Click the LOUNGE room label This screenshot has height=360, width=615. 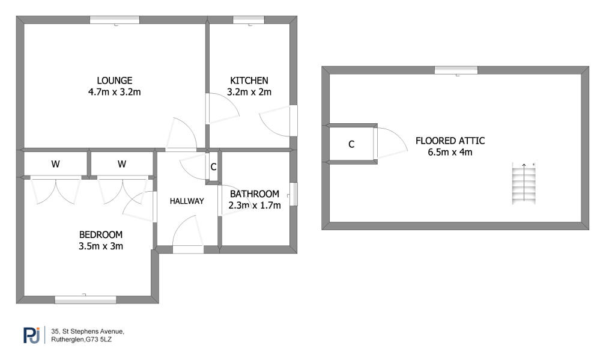tap(115, 81)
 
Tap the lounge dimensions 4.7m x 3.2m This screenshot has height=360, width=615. tap(115, 92)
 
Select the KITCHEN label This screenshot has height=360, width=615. tap(249, 81)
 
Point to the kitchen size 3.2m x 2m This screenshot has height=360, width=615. tap(249, 92)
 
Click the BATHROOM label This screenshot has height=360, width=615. tap(255, 194)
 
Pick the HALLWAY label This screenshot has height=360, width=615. tap(187, 201)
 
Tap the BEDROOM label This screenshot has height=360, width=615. tap(101, 235)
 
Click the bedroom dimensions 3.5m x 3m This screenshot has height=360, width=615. tap(101, 246)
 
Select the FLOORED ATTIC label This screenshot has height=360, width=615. tap(450, 141)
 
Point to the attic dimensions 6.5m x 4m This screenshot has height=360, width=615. tap(450, 152)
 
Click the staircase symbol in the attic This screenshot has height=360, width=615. tap(524, 183)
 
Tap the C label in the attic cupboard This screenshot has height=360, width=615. tap(351, 144)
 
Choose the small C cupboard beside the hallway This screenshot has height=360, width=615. tap(213, 167)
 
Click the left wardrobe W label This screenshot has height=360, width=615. tap(55, 164)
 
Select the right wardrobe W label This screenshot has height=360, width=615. tap(121, 164)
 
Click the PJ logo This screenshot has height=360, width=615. tap(31, 335)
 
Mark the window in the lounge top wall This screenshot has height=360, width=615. tap(115, 20)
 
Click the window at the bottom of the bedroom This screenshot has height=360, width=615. tap(85, 299)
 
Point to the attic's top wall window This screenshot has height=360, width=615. tap(456, 70)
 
